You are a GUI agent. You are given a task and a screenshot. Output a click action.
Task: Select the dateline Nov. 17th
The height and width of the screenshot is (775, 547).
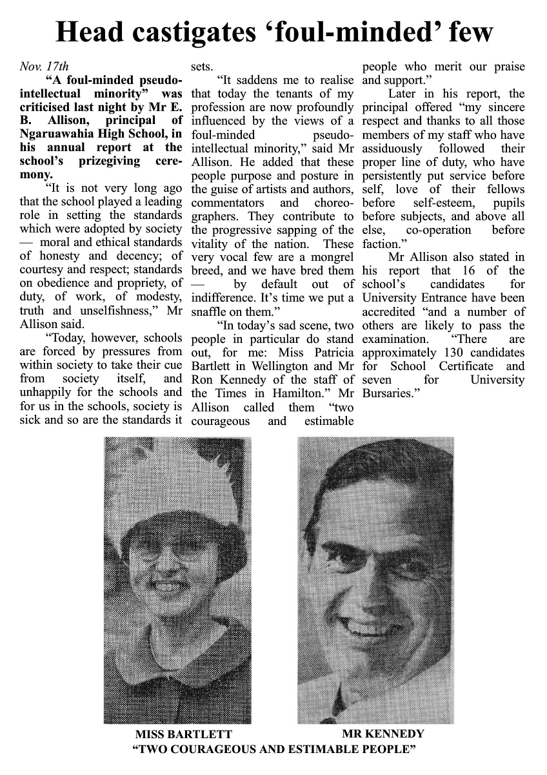point(44,66)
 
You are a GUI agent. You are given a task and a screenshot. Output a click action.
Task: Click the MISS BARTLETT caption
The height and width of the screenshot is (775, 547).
point(183,734)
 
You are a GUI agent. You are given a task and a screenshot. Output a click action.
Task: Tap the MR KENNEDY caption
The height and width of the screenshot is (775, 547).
point(383,734)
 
